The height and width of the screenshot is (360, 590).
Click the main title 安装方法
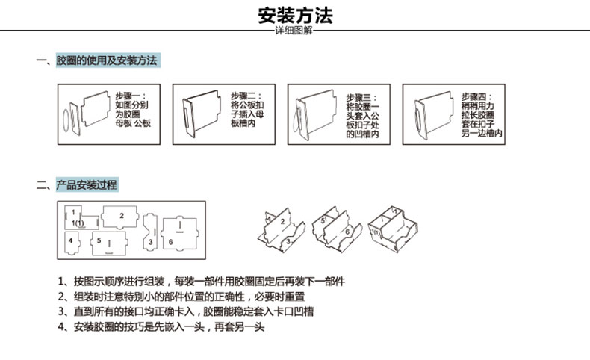[295, 15]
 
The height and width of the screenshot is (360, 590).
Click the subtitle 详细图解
[294, 32]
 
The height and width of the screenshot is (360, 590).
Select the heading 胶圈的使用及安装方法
[107, 60]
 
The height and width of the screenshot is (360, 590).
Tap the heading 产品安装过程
[86, 184]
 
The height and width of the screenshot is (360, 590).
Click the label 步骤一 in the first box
[131, 96]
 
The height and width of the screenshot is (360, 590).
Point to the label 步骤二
[245, 96]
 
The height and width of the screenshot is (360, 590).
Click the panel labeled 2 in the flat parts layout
[121, 217]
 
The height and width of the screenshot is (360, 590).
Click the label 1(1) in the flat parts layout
[78, 223]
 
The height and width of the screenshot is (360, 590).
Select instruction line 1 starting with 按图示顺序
[202, 282]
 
